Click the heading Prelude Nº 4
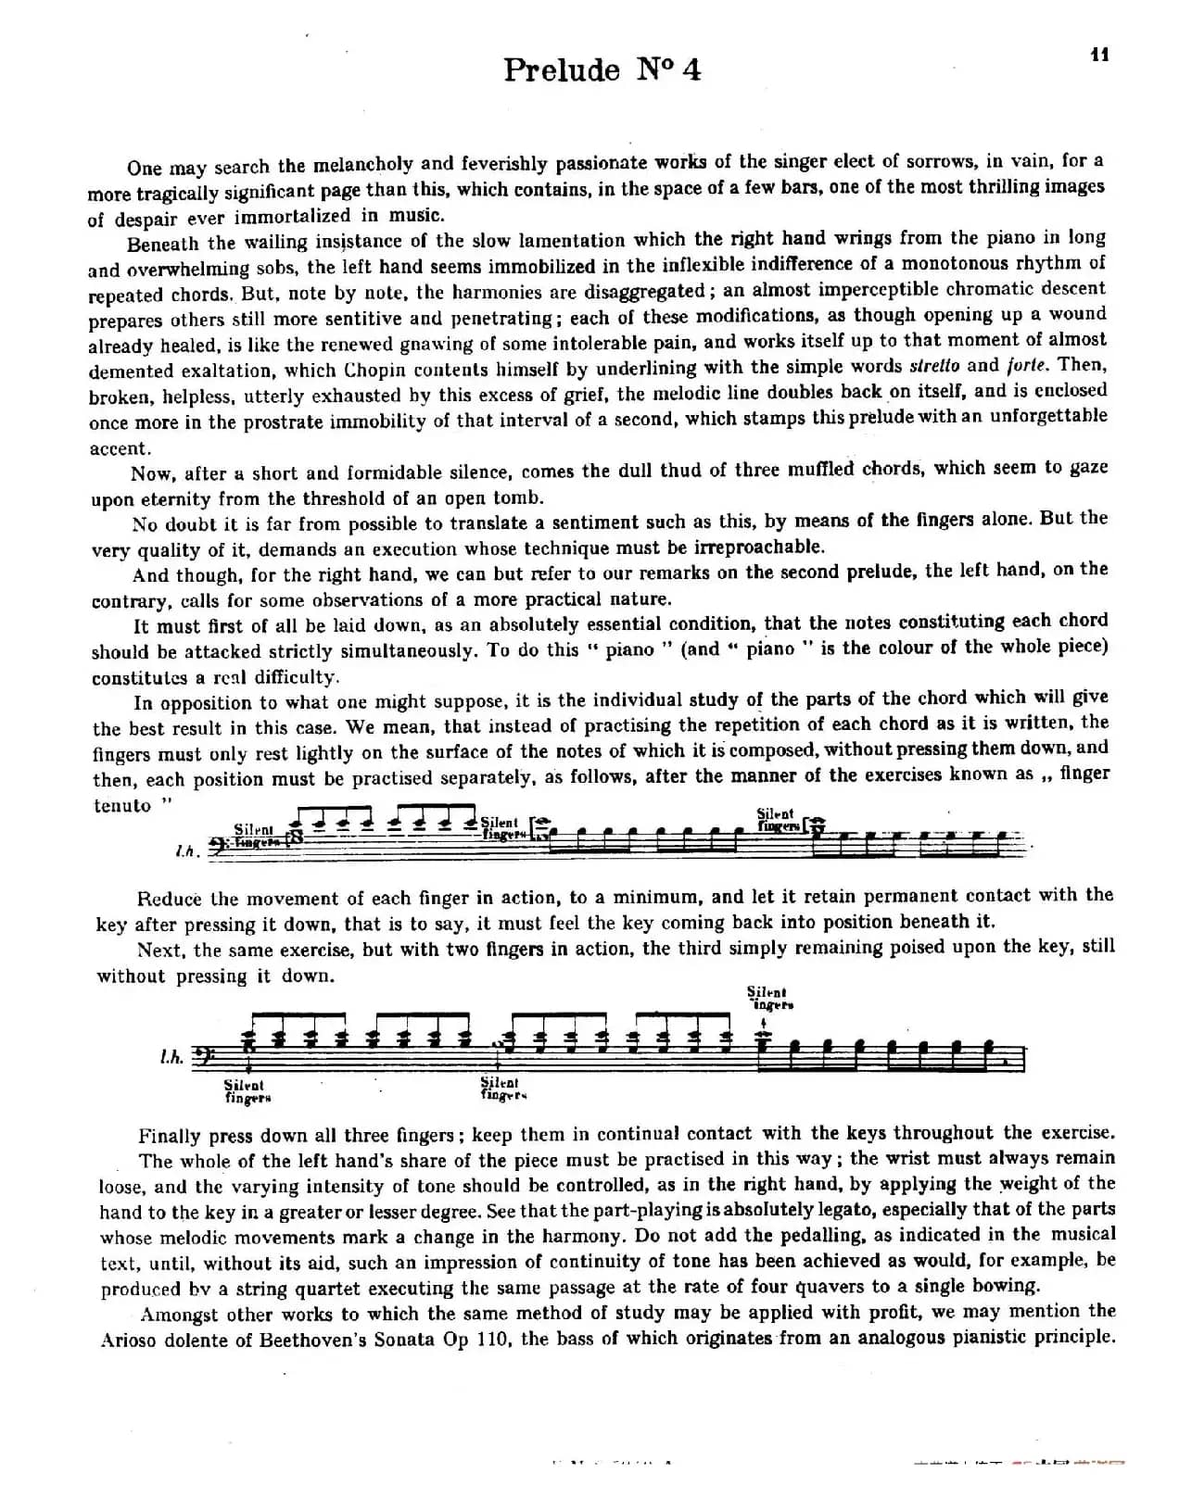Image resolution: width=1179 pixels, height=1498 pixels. point(602,70)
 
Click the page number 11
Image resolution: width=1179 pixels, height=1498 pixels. point(1099,54)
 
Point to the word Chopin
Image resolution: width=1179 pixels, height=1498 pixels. point(379,369)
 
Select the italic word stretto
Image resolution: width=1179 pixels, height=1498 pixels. point(934,365)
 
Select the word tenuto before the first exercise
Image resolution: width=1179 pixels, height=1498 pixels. point(122,805)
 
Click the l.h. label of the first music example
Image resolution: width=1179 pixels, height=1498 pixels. point(185,851)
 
